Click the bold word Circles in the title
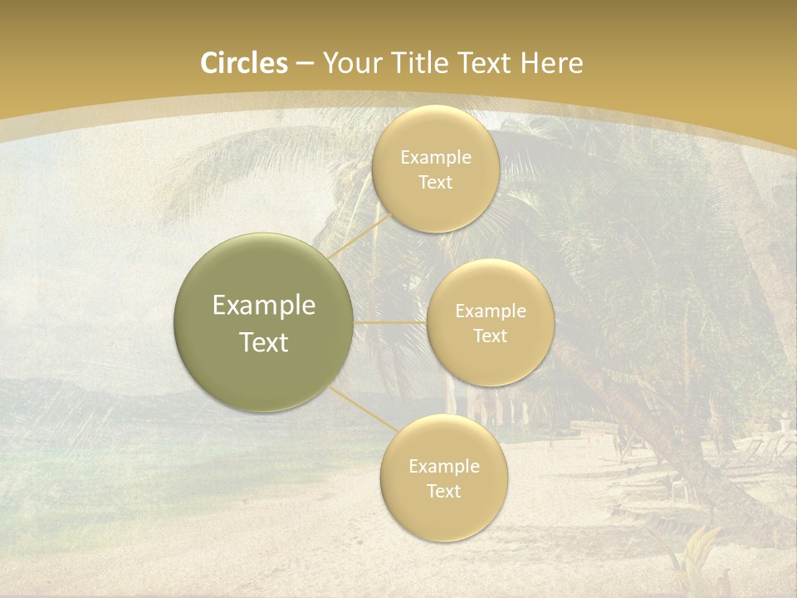point(244,63)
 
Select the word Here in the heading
point(552,63)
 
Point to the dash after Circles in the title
point(305,64)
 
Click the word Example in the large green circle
point(263,306)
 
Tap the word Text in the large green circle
point(263,342)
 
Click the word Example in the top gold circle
point(435,158)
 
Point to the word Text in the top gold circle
point(435,183)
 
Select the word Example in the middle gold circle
point(490,311)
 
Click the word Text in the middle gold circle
point(490,336)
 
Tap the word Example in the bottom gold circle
point(443,466)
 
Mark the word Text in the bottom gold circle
point(443,491)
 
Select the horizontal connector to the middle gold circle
point(390,322)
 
